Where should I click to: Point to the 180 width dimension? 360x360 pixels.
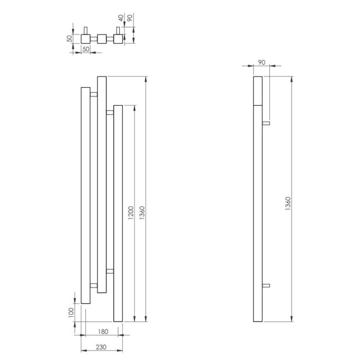102,332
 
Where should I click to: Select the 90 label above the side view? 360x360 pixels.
261,62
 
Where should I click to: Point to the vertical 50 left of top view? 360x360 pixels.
69,39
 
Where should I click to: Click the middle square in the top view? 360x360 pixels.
102,39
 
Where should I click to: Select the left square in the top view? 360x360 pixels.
86,39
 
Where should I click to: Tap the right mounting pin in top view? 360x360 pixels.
118,30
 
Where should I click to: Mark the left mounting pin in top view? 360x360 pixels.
86,30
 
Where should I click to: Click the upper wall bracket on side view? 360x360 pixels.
266,123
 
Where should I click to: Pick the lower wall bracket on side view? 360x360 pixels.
266,285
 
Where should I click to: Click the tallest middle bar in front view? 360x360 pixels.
102,184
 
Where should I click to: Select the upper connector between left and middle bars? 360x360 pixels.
94,93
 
